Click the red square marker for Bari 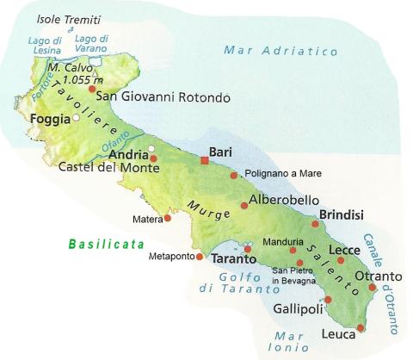205,160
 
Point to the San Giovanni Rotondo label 163,97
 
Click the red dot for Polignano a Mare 233,175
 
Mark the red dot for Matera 167,218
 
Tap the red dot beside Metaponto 199,256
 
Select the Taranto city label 233,258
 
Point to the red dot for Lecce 341,260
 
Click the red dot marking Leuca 361,328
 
